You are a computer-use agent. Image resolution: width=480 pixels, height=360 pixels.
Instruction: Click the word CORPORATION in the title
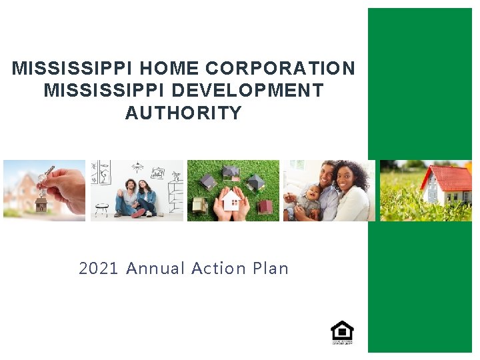pos(281,69)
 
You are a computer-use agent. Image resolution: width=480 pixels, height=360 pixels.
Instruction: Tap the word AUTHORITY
pos(183,113)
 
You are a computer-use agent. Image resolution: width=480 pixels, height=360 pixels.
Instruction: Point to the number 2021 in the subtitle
pos(99,269)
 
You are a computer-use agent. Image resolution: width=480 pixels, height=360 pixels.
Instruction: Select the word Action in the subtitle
pos(219,269)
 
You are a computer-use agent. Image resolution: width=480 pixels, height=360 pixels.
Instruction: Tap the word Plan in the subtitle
pos(271,269)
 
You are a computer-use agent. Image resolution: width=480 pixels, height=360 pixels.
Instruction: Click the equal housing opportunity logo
pos(342,332)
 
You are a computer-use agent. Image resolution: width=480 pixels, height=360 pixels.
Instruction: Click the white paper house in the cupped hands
pos(231,199)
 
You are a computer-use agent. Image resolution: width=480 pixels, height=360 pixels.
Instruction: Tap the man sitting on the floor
pos(127,197)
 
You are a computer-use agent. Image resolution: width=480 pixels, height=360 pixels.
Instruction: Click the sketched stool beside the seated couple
pos(101,209)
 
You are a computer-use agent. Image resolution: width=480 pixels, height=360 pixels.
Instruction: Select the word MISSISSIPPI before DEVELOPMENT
pos(99,91)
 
